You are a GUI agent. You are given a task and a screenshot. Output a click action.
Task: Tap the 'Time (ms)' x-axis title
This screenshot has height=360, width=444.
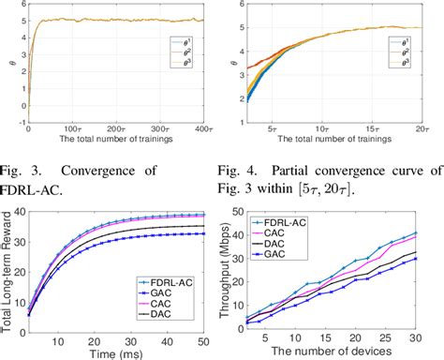114,351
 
